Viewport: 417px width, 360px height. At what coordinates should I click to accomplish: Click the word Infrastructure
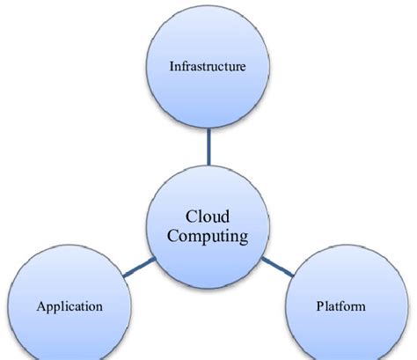click(x=208, y=66)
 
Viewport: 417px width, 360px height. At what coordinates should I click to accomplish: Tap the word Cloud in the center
click(x=208, y=217)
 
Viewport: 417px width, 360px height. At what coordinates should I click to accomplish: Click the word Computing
click(x=208, y=236)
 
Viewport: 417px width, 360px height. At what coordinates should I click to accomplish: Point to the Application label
click(x=70, y=306)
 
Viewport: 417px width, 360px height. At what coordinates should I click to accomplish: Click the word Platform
click(x=340, y=306)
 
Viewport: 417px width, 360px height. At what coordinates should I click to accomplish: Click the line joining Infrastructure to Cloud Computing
click(x=208, y=147)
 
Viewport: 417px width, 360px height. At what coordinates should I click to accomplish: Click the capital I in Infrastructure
click(x=172, y=66)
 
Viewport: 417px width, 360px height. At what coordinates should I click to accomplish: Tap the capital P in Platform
click(x=319, y=306)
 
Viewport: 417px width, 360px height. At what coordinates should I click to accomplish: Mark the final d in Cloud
click(x=226, y=217)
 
